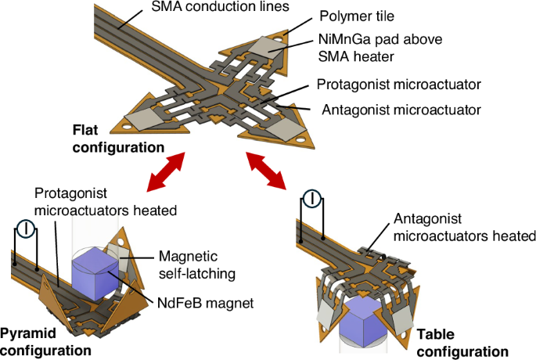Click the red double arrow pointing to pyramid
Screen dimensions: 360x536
[x=170, y=170]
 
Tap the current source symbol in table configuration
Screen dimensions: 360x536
[x=311, y=200]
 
